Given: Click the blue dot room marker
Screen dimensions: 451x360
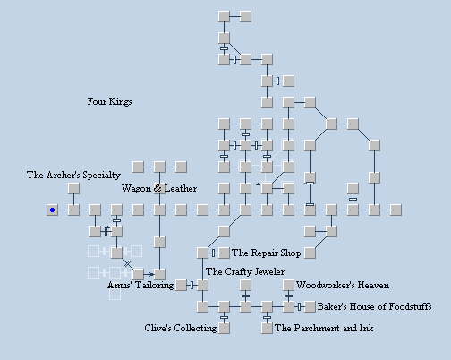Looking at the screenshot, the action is pyautogui.click(x=52, y=210).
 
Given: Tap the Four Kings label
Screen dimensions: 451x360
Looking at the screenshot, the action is pyautogui.click(x=109, y=101).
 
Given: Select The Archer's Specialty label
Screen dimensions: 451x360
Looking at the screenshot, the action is pyautogui.click(x=73, y=175).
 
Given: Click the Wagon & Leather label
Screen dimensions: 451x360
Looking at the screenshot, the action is pyautogui.click(x=159, y=188).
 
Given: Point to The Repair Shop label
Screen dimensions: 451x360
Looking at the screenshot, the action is pyautogui.click(x=267, y=253).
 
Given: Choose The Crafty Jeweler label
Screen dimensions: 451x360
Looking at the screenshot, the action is pyautogui.click(x=245, y=271).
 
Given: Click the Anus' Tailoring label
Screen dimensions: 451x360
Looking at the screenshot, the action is pyautogui.click(x=140, y=285).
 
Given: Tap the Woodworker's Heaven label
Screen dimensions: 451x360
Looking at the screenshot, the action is pyautogui.click(x=343, y=285).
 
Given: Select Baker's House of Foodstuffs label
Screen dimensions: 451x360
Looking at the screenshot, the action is pyautogui.click(x=374, y=306).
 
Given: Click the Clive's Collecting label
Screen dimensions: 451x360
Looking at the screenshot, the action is pyautogui.click(x=181, y=328).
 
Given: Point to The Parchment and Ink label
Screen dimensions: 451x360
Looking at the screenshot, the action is pyautogui.click(x=324, y=328).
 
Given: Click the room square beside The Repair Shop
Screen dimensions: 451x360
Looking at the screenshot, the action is pyautogui.click(x=224, y=253).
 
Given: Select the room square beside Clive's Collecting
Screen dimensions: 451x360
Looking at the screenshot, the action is pyautogui.click(x=224, y=328).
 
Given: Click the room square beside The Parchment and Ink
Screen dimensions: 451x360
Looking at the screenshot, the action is pyautogui.click(x=267, y=328).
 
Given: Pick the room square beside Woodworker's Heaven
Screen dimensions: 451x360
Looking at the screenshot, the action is pyautogui.click(x=288, y=285).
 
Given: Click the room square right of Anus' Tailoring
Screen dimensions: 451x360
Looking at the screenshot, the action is pyautogui.click(x=181, y=285).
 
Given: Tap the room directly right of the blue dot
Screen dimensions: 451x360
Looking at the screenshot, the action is pyautogui.click(x=73, y=210).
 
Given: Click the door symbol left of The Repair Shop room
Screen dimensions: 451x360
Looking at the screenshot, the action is pyautogui.click(x=213, y=253).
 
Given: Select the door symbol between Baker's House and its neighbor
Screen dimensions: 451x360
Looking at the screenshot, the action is pyautogui.click(x=299, y=306).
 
